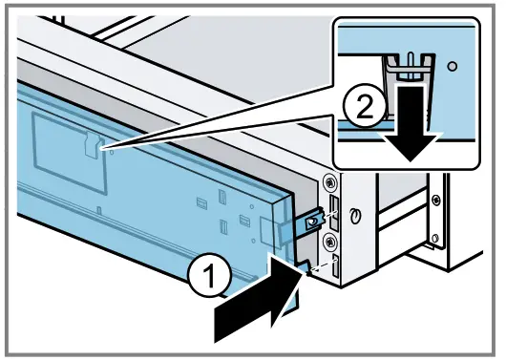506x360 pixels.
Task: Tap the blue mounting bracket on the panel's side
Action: (310, 222)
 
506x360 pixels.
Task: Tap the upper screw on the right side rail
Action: (435, 200)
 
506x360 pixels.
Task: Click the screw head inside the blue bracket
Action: (310, 222)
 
